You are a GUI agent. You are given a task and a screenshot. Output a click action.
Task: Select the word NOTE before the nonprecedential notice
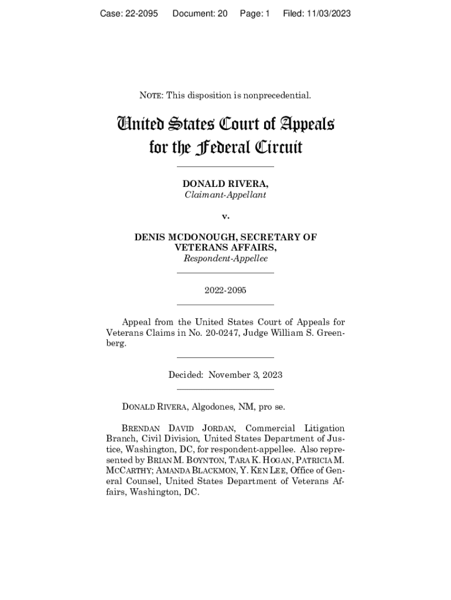151,96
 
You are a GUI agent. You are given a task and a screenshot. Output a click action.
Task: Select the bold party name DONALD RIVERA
225,184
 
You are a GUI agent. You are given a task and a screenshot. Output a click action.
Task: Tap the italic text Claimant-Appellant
225,195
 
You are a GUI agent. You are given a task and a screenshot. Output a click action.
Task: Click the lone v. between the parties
225,216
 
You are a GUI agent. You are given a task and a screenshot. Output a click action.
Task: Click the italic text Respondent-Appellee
225,258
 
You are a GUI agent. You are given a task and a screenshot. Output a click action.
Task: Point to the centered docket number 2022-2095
225,290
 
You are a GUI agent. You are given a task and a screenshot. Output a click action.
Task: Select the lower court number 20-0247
218,333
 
